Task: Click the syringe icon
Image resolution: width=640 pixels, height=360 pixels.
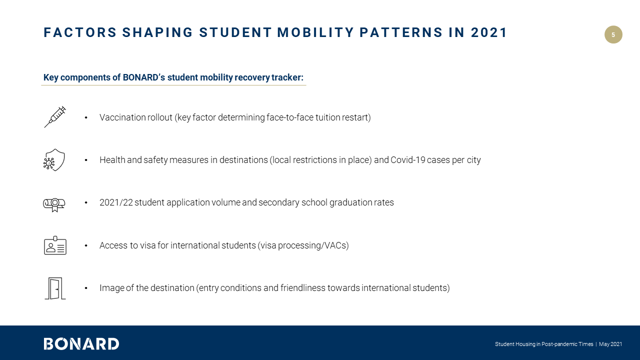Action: pos(55,117)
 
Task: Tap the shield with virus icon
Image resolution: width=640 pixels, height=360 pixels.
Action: pos(54,160)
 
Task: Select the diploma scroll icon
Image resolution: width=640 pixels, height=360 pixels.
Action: pos(54,204)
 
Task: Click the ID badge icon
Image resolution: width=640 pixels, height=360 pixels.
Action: pos(55,245)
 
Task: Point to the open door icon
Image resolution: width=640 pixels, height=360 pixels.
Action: pos(55,288)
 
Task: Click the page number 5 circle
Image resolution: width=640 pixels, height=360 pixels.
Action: pos(613,34)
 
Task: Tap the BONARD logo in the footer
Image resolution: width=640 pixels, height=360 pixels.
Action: pos(81,344)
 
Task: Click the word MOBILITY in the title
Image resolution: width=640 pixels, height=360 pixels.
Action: pos(315,33)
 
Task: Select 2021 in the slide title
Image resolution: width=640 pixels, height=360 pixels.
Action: pos(489,33)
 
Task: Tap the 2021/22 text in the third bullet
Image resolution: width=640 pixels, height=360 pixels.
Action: pos(116,202)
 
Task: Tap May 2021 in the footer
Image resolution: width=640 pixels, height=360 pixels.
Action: pos(610,344)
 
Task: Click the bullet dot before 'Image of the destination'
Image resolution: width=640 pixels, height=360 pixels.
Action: pos(86,288)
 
